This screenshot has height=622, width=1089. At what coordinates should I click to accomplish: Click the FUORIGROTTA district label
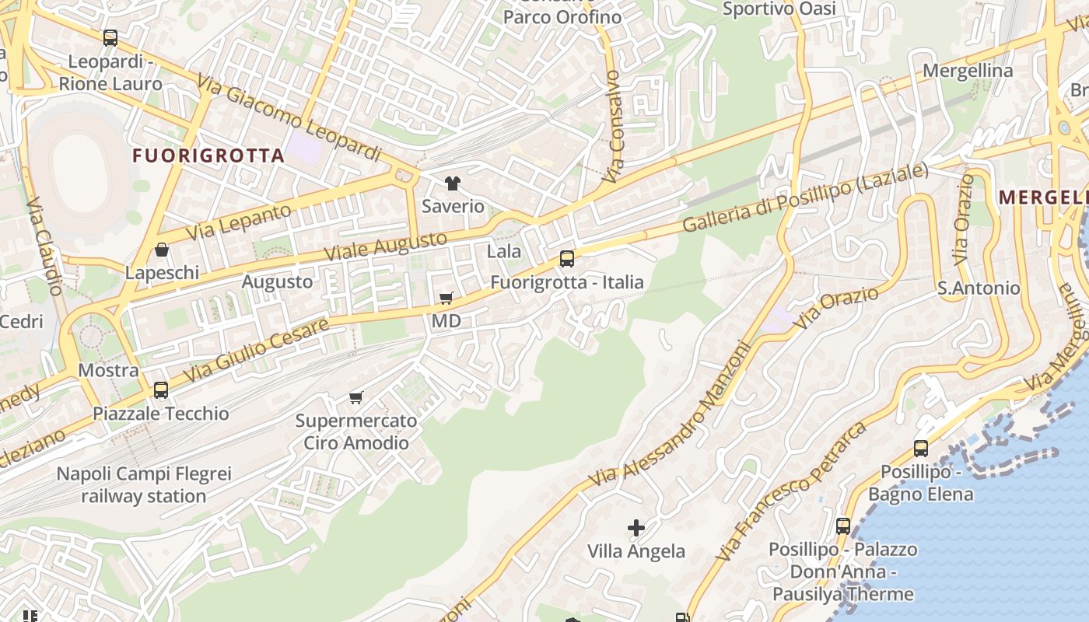[208, 155]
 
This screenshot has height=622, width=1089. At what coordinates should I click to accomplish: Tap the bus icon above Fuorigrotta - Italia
[567, 259]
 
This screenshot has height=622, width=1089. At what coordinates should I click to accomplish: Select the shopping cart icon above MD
[446, 299]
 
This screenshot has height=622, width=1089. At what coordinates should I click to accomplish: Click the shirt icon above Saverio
[453, 184]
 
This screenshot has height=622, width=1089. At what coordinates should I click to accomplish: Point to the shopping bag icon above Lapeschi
[162, 250]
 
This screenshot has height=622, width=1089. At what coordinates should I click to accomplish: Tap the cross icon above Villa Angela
[636, 529]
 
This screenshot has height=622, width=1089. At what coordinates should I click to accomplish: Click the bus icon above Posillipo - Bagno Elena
[921, 449]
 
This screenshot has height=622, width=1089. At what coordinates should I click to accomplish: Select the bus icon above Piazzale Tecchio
[161, 390]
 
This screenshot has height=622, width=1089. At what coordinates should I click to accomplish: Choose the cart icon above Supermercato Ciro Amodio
[356, 398]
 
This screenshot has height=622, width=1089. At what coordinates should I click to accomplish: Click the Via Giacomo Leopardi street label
[289, 118]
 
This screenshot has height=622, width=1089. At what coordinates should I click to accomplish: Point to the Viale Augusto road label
[386, 246]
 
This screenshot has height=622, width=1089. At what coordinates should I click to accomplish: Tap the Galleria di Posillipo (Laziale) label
[805, 198]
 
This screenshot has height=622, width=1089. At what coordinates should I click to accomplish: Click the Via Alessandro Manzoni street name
[671, 417]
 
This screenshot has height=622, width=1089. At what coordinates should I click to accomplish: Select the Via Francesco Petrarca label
[790, 491]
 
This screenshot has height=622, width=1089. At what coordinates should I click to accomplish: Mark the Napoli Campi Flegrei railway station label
[144, 484]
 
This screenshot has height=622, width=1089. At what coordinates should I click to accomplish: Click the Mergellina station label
[968, 71]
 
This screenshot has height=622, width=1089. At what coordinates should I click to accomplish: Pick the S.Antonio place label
[979, 288]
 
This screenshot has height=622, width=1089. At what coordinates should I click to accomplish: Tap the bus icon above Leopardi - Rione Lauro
[110, 38]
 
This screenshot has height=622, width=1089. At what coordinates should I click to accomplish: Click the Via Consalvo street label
[614, 127]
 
